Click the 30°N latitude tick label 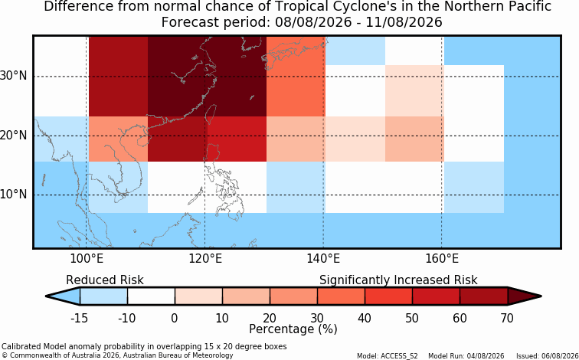pos(13,77)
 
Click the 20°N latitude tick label pos(13,136)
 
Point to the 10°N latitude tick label pos(13,195)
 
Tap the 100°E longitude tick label pos(87,259)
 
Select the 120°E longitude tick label pos(205,259)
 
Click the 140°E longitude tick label pos(323,259)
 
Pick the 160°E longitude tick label pos(442,259)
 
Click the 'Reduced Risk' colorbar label pos(105,280)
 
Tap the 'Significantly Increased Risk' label pos(398,280)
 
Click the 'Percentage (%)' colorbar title pos(293,329)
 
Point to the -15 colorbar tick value pos(80,318)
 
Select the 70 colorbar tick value pos(507,318)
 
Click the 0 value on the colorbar pos(175,318)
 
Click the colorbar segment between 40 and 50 pos(388,296)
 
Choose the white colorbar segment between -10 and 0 pos(151,296)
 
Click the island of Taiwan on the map pos(211,113)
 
